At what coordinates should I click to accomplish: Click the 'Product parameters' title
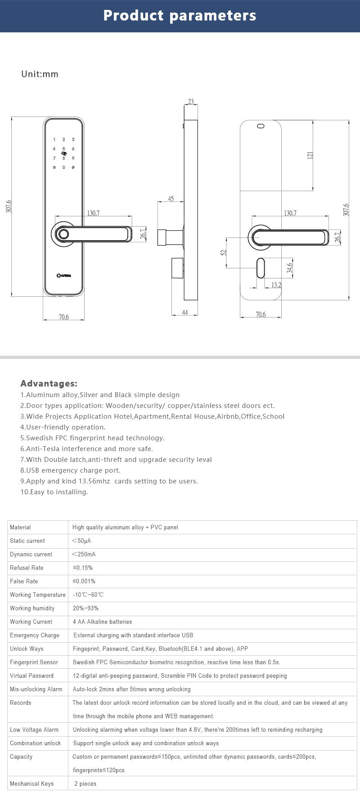(x=180, y=16)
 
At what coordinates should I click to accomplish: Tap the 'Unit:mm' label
(x=40, y=74)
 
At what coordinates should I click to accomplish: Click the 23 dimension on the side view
(x=191, y=102)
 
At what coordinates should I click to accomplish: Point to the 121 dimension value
(x=310, y=156)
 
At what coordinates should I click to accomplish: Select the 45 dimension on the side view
(x=171, y=199)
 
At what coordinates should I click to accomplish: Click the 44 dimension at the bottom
(x=184, y=313)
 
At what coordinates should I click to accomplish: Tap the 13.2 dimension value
(x=276, y=285)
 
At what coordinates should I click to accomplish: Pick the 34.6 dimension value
(x=290, y=268)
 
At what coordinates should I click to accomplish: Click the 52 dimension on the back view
(x=223, y=253)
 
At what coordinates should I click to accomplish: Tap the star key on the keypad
(x=54, y=168)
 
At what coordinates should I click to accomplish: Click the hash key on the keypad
(x=73, y=168)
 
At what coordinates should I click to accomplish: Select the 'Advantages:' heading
(x=49, y=384)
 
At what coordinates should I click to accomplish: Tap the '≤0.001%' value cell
(x=84, y=582)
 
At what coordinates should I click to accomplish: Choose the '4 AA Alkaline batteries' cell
(x=102, y=622)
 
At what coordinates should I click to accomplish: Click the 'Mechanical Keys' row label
(x=31, y=784)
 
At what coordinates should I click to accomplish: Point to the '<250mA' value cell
(x=84, y=555)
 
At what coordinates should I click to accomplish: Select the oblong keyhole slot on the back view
(x=261, y=269)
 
